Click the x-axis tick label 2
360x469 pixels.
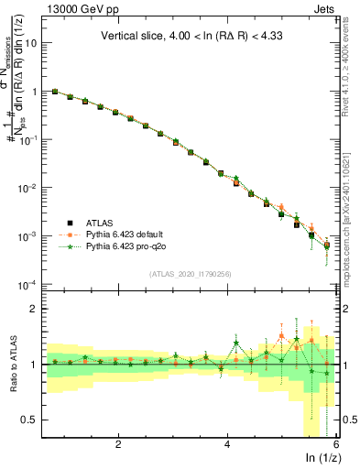coord(118,444)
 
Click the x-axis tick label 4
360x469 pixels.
coord(227,444)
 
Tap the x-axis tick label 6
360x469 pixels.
coord(335,444)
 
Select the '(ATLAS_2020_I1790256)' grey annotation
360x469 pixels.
coord(191,273)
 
